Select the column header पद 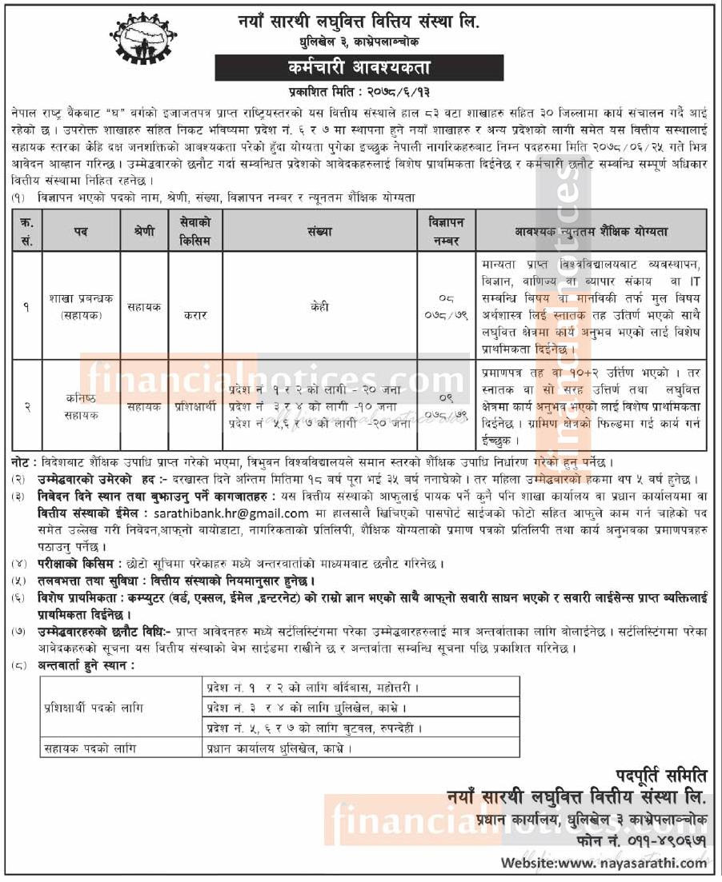81,231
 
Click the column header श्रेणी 144,231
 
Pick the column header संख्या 319,231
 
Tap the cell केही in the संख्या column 319,306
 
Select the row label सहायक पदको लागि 89,748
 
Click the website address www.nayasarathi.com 604,863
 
